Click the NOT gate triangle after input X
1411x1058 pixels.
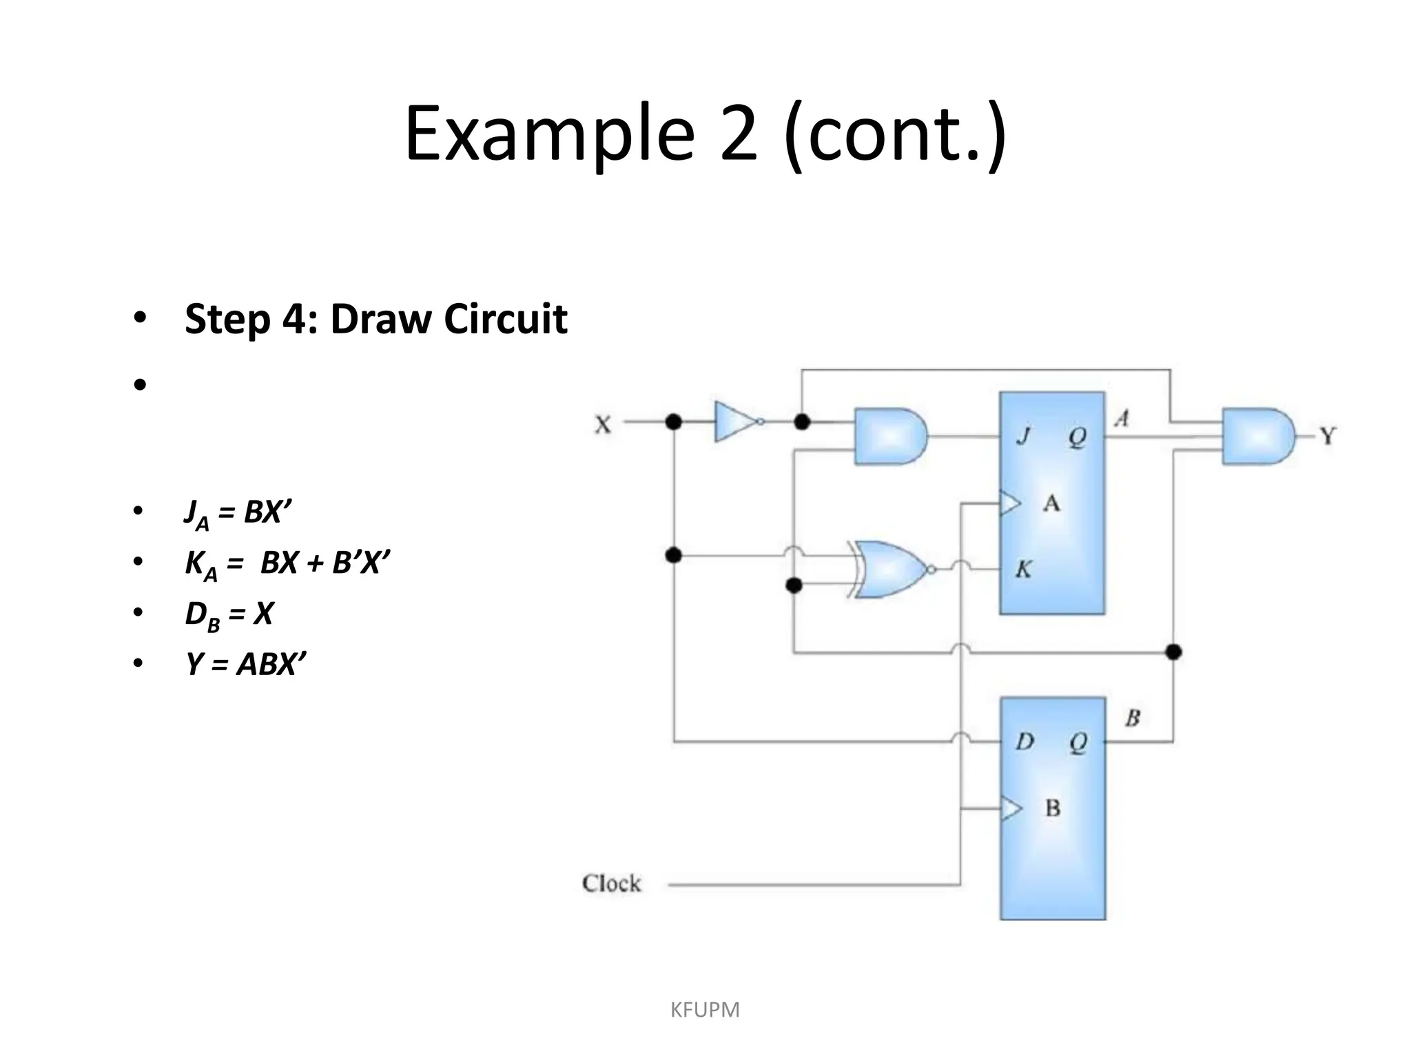click(x=734, y=422)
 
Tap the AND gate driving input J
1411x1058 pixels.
click(x=889, y=436)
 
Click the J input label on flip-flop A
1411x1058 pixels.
click(x=1024, y=436)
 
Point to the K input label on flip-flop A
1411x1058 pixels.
click(x=1024, y=570)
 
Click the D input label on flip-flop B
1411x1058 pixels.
click(x=1025, y=742)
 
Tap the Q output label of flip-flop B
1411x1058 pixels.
click(x=1078, y=742)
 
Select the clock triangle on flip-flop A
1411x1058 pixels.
click(x=1010, y=504)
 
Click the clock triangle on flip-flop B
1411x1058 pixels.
click(x=1010, y=809)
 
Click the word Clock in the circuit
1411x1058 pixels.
click(x=611, y=884)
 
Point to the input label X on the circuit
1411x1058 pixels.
click(x=603, y=425)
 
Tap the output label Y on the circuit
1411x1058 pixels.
click(x=1328, y=436)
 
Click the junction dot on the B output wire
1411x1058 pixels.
click(x=1174, y=652)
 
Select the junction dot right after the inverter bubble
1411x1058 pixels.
click(x=802, y=422)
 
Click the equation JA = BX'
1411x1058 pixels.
click(x=238, y=513)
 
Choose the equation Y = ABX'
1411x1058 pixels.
click(x=245, y=665)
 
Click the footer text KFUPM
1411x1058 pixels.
click(x=705, y=1010)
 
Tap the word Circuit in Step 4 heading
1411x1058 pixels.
click(x=506, y=319)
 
